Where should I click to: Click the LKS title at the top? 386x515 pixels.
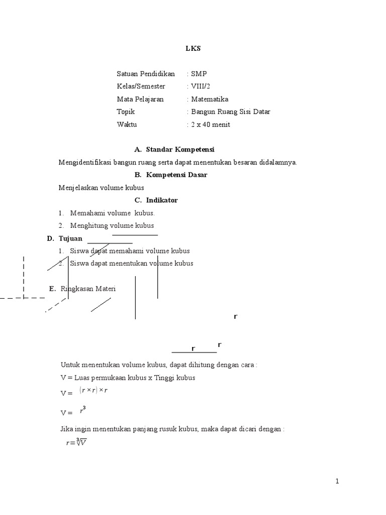tap(192, 48)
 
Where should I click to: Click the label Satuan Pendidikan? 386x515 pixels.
tap(146, 73)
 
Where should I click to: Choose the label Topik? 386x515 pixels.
tap(126, 112)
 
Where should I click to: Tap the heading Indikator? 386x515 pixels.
tap(162, 200)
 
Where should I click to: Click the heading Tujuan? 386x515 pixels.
tap(70, 238)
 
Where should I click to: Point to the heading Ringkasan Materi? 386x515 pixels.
tap(88, 289)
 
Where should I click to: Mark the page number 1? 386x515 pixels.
tap(338, 481)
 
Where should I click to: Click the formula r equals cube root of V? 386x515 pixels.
tap(76, 443)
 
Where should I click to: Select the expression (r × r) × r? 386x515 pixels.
tap(94, 391)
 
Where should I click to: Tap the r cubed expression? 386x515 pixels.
tap(83, 410)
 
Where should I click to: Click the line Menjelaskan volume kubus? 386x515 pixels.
tap(102, 188)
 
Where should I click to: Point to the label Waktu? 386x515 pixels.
tap(127, 124)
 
